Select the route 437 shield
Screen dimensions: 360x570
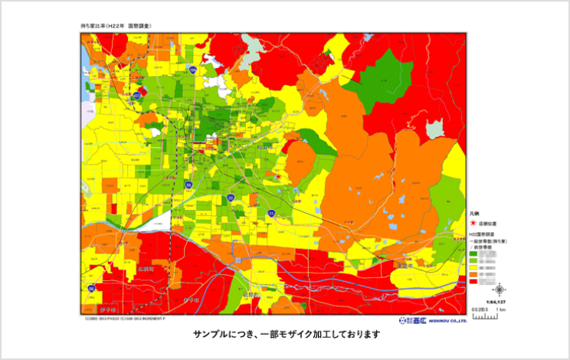pyautogui.click(x=136, y=95)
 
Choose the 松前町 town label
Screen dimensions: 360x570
pyautogui.click(x=148, y=270)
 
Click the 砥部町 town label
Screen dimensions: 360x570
pyautogui.click(x=252, y=293)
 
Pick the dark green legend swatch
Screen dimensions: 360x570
pyautogui.click(x=474, y=250)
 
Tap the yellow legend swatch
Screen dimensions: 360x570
pyautogui.click(x=474, y=266)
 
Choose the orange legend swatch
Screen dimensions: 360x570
pyautogui.click(x=474, y=273)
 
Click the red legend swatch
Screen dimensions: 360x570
pyautogui.click(x=474, y=281)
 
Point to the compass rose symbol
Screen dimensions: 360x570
pyautogui.click(x=500, y=290)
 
